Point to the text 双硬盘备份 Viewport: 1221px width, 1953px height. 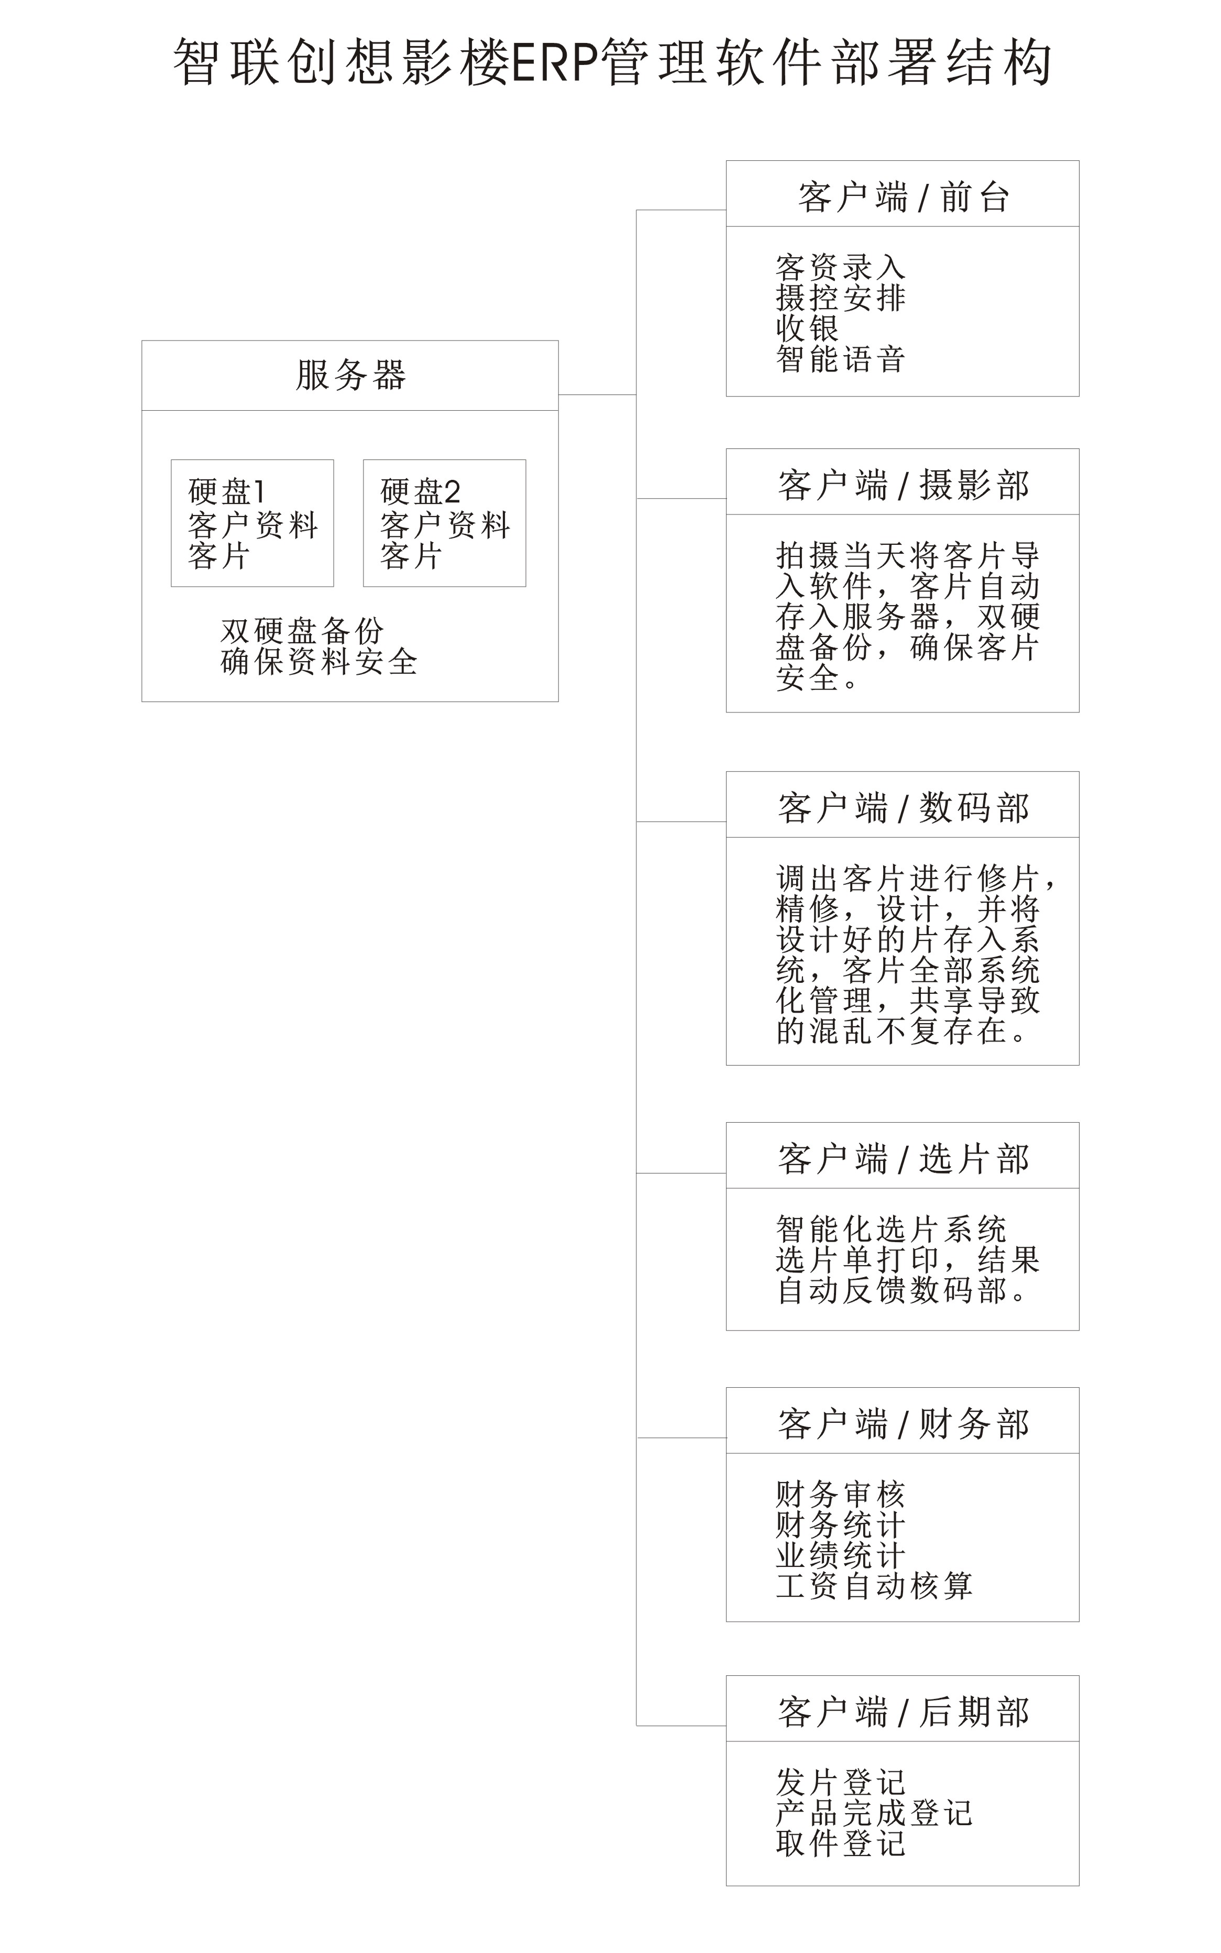[x=302, y=631]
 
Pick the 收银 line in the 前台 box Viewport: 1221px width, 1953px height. [x=808, y=328]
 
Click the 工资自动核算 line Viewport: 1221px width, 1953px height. [x=874, y=1585]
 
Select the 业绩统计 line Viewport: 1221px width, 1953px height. [x=841, y=1555]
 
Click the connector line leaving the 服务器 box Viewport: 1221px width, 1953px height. [x=598, y=395]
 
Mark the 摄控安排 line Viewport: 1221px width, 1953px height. [x=841, y=297]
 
